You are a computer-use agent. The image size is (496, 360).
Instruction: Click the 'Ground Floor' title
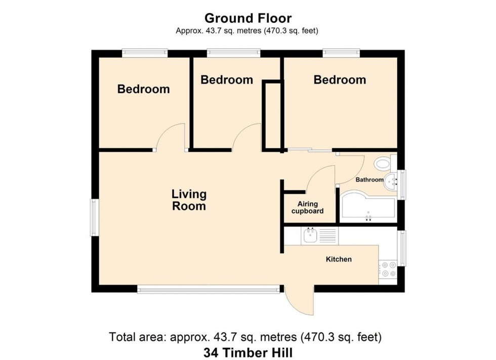coord(247,18)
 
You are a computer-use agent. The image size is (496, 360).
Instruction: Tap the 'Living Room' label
coord(189,200)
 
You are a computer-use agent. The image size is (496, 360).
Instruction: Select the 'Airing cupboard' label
coord(307,208)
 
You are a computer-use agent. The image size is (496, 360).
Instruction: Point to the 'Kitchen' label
coord(338,259)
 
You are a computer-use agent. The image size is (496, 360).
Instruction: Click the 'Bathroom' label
coord(369,179)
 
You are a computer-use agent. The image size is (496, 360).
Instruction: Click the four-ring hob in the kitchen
coord(388,268)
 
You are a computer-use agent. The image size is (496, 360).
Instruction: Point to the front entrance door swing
coord(300,302)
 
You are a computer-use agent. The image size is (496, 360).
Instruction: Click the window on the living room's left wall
coord(94,217)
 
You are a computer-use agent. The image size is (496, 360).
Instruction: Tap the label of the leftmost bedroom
coord(143,89)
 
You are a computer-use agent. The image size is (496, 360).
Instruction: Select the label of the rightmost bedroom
coord(340,80)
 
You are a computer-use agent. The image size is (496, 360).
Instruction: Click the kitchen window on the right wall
coord(401,248)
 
